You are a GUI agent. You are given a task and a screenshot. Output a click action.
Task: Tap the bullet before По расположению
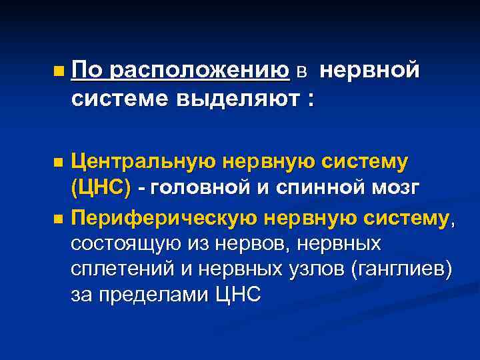[60, 69]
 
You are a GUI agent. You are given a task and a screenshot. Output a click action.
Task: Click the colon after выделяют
[309, 99]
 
